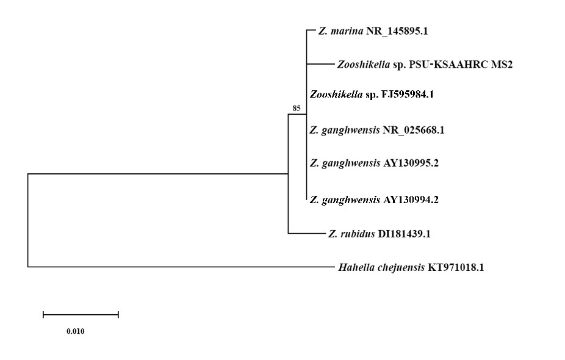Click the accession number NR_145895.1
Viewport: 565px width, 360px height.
[x=397, y=31]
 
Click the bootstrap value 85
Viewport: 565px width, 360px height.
[x=297, y=109]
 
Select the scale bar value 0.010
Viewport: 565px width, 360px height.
[x=76, y=332]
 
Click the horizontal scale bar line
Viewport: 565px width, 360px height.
[x=81, y=315]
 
